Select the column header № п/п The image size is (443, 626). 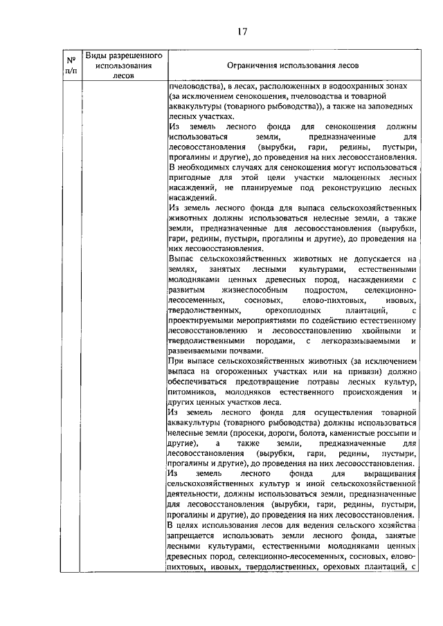click(x=70, y=65)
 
